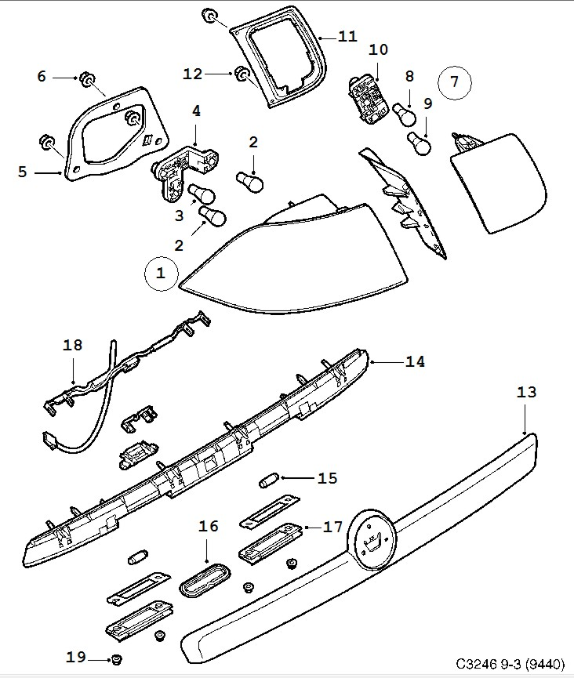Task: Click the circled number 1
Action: [x=161, y=273]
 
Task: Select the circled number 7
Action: [x=453, y=82]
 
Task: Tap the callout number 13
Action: [x=527, y=392]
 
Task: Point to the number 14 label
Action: [x=415, y=361]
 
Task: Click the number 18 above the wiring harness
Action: [x=72, y=346]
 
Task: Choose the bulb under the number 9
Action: [x=420, y=143]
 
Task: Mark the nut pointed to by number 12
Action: [x=242, y=74]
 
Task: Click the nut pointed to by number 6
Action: [x=89, y=80]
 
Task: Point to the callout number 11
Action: [x=347, y=36]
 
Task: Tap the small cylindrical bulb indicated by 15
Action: [x=270, y=477]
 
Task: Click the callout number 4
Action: [x=196, y=111]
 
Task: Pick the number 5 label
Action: [x=22, y=170]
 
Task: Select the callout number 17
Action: [x=333, y=527]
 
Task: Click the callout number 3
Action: [x=178, y=215]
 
